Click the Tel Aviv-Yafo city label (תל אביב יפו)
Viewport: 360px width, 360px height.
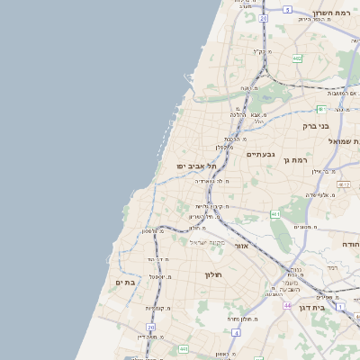click(196, 166)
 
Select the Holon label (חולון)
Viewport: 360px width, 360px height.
click(212, 274)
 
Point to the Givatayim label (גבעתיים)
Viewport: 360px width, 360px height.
click(260, 154)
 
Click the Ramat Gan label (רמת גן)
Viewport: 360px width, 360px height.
click(296, 160)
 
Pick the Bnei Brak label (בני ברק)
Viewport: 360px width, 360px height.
click(317, 126)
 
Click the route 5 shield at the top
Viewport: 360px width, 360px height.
click(287, 9)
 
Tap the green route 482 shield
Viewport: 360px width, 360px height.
click(297, 58)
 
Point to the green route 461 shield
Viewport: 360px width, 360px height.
click(274, 214)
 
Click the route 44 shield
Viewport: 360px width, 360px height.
click(286, 306)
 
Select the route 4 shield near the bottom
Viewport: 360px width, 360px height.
click(234, 332)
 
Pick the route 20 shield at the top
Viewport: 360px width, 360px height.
click(263, 17)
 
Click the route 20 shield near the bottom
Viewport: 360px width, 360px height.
click(151, 327)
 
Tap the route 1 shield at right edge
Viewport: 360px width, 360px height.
click(340, 307)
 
